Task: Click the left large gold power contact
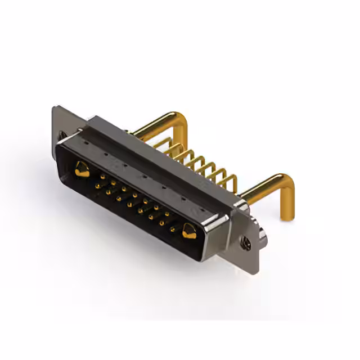point(82,169)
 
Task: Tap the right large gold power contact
point(188,231)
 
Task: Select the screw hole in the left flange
point(61,135)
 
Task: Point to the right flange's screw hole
point(246,243)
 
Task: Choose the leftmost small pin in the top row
point(102,176)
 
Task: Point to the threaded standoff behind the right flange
point(262,231)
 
